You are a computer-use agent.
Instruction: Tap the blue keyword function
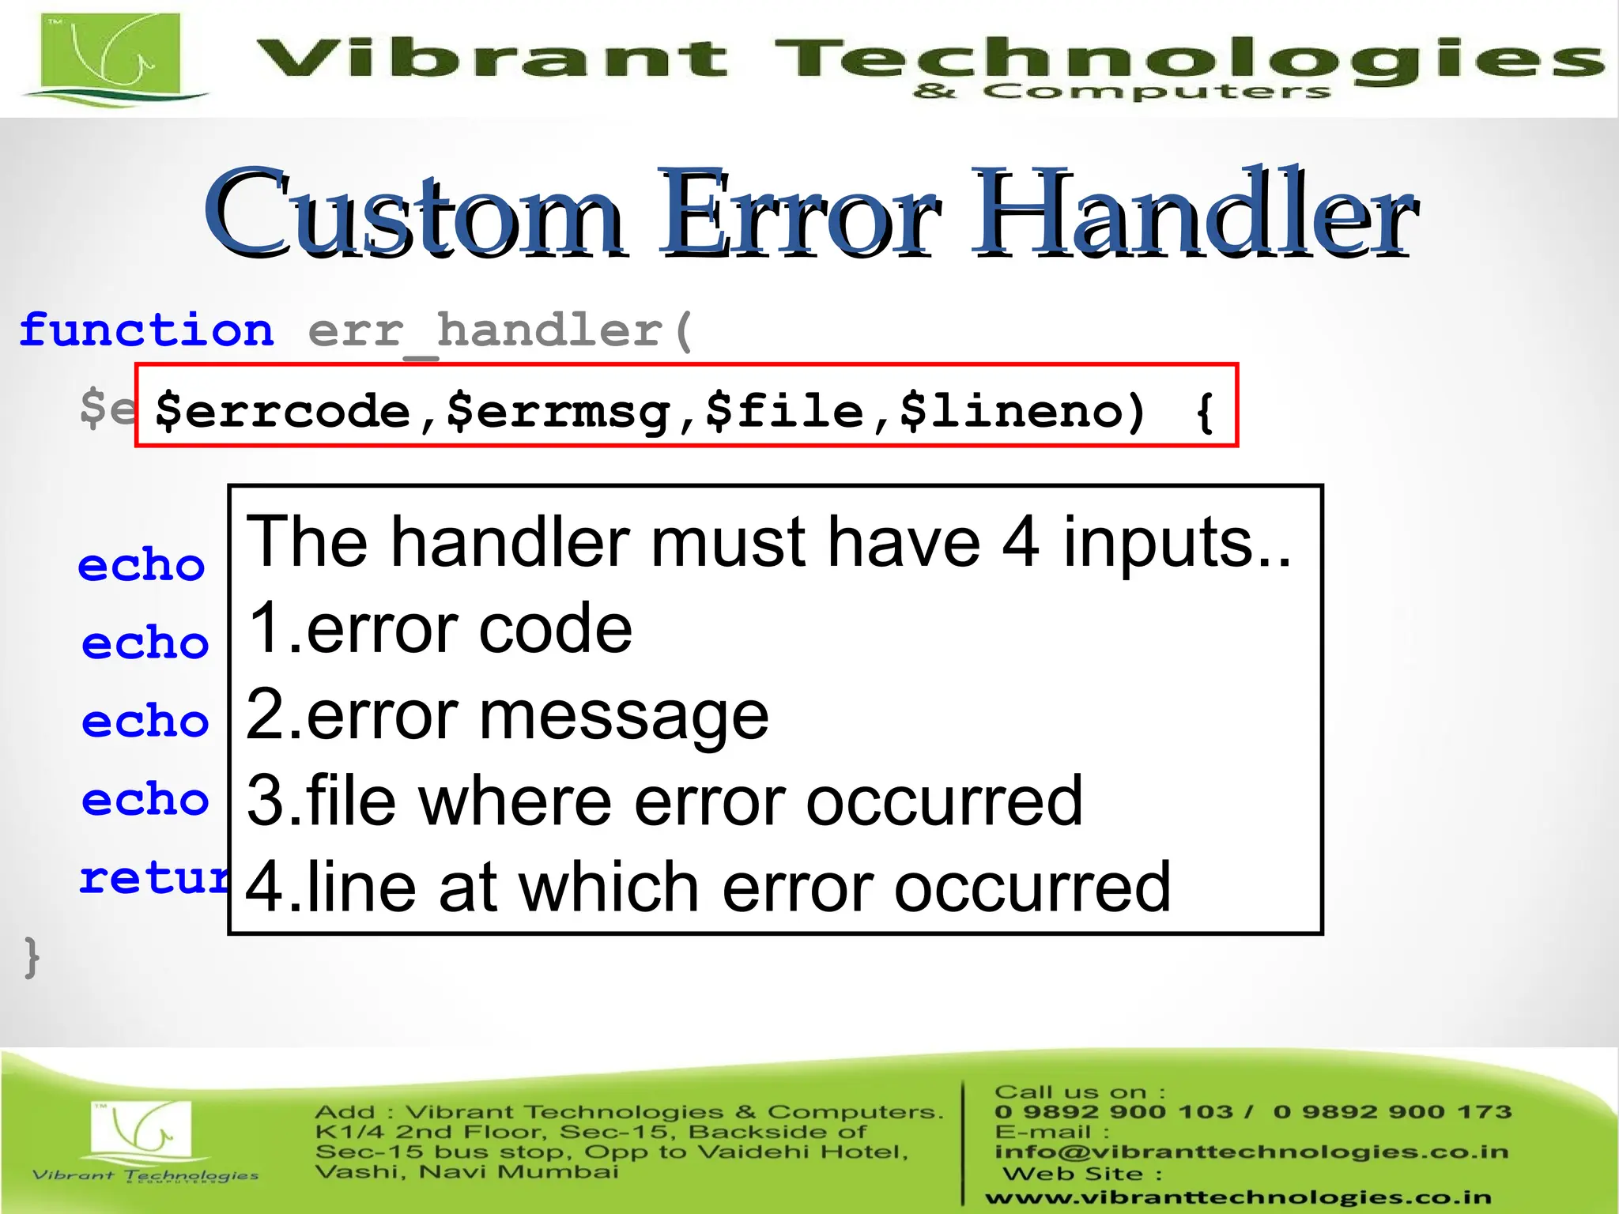(x=147, y=330)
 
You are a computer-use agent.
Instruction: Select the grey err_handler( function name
(x=500, y=331)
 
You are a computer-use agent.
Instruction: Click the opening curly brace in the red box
(x=1205, y=412)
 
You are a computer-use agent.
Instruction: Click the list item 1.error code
(x=440, y=628)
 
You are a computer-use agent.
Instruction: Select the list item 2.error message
(x=507, y=714)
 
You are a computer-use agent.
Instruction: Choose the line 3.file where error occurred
(x=664, y=801)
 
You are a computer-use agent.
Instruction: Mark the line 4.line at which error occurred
(x=708, y=887)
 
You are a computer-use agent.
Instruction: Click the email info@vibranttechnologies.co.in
(x=1251, y=1152)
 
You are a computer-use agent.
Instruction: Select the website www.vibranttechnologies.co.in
(x=1237, y=1198)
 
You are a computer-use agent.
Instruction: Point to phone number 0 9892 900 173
(x=1392, y=1112)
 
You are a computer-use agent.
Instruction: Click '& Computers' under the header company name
(x=1121, y=92)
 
